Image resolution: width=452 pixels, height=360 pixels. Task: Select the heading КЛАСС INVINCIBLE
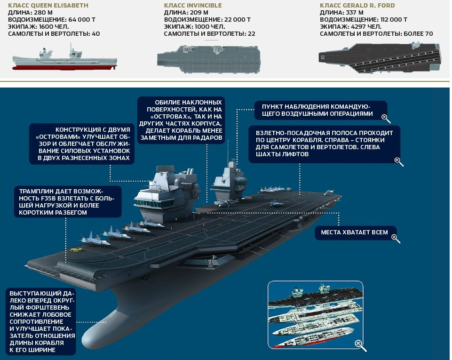coord(193,5)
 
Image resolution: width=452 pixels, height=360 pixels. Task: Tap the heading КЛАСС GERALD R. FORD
coord(357,5)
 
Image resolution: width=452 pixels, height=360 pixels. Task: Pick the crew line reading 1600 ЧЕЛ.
coord(51,27)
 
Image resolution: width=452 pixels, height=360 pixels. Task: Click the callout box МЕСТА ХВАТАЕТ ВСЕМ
coord(354,232)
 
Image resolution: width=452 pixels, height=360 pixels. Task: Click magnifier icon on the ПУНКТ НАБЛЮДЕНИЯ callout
coord(385,117)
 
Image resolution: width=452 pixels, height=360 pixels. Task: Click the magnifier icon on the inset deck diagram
coord(360,345)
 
